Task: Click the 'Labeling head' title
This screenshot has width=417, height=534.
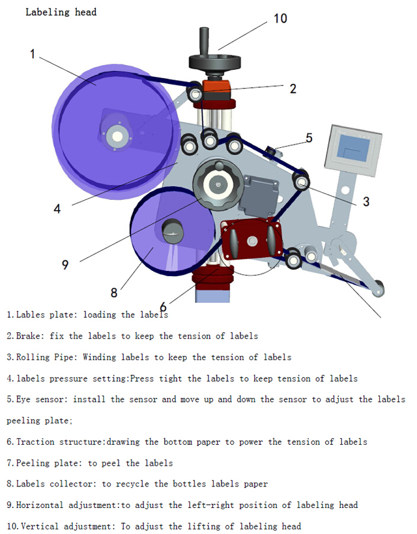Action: pos(61,12)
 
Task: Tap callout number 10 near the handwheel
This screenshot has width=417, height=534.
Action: pos(280,18)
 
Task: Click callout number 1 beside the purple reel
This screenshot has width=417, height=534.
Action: pos(33,54)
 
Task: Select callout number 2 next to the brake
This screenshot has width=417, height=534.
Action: pos(293,89)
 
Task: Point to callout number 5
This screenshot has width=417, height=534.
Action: pos(309,137)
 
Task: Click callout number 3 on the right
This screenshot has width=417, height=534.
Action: pos(366,202)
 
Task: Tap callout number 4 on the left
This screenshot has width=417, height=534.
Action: pos(57,208)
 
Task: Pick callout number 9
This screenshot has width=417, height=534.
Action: pos(65,264)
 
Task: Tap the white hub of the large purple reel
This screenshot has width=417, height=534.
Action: pos(118,135)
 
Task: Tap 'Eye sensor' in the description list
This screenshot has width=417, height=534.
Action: pos(40,399)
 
